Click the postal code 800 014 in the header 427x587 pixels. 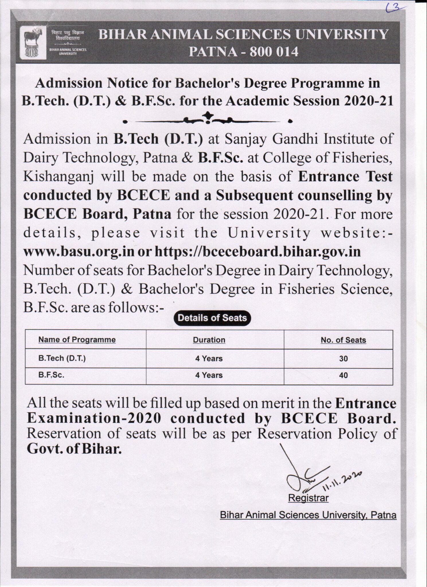(274, 52)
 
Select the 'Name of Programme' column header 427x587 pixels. (77, 340)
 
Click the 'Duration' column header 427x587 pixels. (209, 340)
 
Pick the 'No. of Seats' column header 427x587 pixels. (343, 340)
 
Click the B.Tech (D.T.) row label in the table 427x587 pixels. (62, 358)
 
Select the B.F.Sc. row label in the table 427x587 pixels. (51, 375)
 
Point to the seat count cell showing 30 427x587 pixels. (343, 359)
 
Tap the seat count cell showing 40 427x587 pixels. (343, 375)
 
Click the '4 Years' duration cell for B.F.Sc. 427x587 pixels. (209, 375)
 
